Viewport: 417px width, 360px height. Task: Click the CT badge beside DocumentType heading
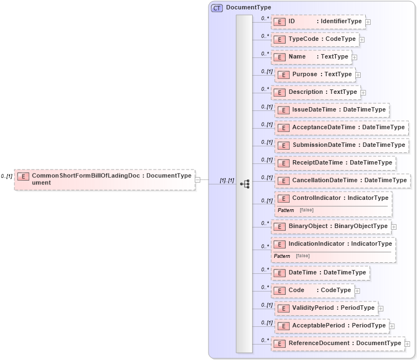click(217, 8)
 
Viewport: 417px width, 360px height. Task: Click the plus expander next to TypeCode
click(362, 40)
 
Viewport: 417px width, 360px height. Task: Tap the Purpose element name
click(304, 75)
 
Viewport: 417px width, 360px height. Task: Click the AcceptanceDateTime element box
click(341, 128)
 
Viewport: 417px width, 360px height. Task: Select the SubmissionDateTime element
click(341, 145)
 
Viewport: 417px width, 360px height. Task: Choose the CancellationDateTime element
click(343, 181)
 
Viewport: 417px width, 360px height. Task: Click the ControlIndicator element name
click(317, 198)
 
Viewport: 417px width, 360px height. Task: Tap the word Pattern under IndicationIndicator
click(282, 256)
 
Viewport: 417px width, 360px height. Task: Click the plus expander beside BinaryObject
click(394, 226)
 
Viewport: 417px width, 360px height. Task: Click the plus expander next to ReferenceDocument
click(407, 343)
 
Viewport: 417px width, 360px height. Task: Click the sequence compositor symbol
click(245, 183)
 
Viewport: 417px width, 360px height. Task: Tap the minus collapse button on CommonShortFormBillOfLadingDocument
click(197, 179)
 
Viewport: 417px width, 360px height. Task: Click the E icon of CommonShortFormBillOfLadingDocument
click(23, 177)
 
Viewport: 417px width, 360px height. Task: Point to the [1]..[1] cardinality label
click(227, 181)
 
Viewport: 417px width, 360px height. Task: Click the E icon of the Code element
click(280, 290)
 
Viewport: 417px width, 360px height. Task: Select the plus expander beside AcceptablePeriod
click(392, 326)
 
